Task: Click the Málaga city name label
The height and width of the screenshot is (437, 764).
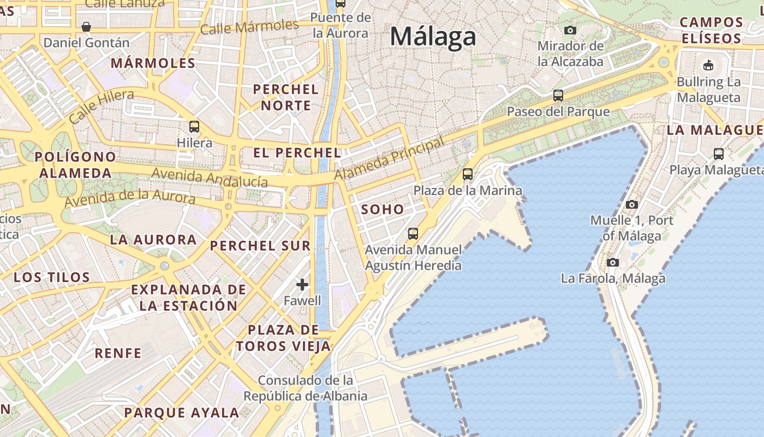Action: [433, 37]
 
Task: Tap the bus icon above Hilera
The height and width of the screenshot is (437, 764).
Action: [194, 127]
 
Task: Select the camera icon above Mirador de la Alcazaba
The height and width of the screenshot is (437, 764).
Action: [570, 30]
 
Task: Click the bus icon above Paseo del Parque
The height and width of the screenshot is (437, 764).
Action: [558, 96]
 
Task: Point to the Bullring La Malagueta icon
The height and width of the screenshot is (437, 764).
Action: [708, 66]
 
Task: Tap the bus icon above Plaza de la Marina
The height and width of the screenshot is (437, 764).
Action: [468, 174]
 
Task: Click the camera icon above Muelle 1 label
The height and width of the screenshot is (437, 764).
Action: [632, 204]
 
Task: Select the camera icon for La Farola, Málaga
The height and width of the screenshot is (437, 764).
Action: [613, 262]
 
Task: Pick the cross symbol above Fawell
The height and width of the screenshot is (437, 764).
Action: [302, 285]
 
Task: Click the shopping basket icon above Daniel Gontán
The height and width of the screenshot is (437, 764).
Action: [86, 26]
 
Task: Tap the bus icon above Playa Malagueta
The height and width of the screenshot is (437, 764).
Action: [719, 153]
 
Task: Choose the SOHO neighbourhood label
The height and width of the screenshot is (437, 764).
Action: [383, 209]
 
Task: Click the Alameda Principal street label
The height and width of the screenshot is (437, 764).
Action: [389, 158]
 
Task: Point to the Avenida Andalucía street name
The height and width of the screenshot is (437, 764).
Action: [210, 177]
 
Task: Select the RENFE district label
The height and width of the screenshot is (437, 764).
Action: [118, 353]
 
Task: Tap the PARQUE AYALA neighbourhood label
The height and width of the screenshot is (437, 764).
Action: [181, 412]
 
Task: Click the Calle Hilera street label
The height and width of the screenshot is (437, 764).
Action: [102, 106]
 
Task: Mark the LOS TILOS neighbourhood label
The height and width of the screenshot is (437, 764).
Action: [52, 277]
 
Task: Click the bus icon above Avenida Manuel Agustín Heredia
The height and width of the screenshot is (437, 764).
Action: [413, 234]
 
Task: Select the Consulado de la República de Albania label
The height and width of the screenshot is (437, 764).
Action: [306, 388]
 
